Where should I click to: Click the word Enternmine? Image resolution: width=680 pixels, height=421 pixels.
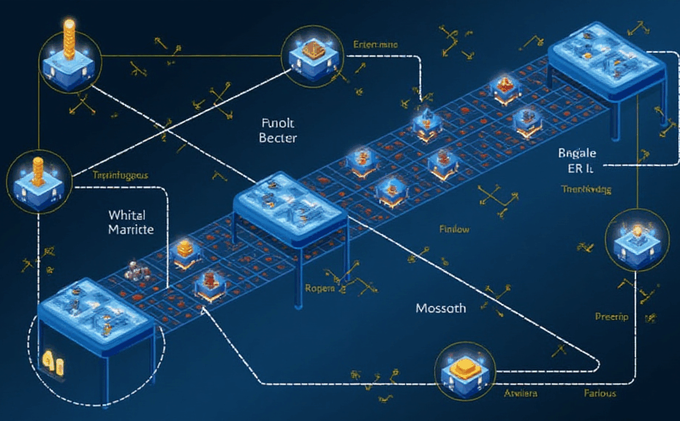point(376,45)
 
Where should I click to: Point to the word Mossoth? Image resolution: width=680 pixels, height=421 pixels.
point(440,308)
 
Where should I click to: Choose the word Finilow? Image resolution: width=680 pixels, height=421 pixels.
point(454,230)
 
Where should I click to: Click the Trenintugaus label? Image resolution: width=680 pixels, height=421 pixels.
point(121,175)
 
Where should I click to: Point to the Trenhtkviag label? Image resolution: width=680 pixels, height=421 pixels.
point(586,189)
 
